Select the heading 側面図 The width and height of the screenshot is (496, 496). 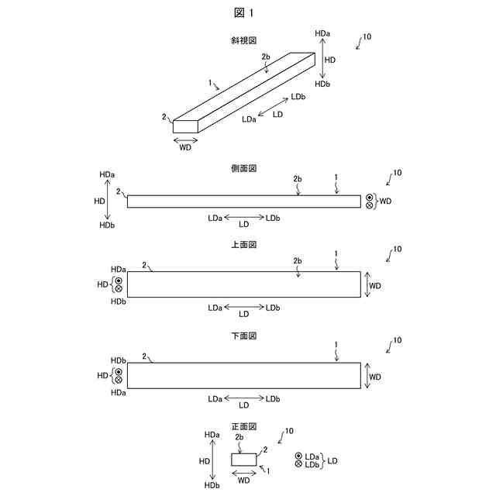[x=243, y=167]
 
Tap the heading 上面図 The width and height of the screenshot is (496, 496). [x=243, y=245]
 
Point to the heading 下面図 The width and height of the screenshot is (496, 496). [x=243, y=336]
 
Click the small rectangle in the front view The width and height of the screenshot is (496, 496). [x=244, y=460]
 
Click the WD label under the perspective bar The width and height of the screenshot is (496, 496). [x=185, y=146]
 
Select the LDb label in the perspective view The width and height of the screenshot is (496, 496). [x=298, y=98]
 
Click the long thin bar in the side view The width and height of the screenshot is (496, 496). [x=243, y=201]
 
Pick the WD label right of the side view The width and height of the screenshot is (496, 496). [x=386, y=201]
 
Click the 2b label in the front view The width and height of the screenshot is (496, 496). [x=239, y=438]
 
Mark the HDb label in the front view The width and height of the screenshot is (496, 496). [x=212, y=485]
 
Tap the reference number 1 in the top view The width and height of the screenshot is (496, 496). [x=336, y=253]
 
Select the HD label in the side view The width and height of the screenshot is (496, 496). [x=99, y=200]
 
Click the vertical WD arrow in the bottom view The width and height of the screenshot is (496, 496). [x=365, y=376]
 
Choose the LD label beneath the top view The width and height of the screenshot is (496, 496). [x=243, y=314]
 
